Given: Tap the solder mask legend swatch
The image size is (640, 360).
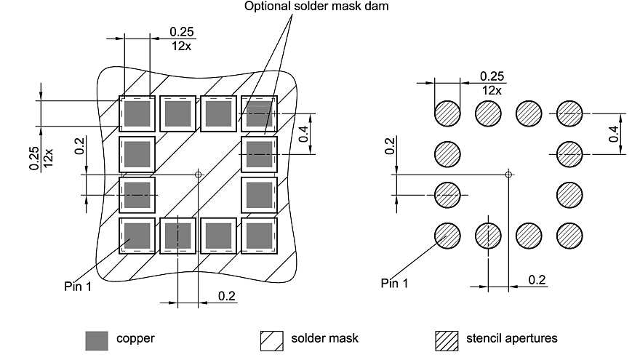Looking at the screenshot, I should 271,339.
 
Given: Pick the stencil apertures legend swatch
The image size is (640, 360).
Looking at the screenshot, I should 445,339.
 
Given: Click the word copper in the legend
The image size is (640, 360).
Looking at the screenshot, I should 135,338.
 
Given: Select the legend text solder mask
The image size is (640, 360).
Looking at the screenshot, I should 324,338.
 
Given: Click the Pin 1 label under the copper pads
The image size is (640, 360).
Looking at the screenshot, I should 78,286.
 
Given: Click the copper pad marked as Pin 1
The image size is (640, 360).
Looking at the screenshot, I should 137,235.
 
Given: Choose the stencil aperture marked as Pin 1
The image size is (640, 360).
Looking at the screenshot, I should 447,235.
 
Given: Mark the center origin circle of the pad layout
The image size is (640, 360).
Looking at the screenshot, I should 199,174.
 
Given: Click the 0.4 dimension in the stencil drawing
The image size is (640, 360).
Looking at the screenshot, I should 614,133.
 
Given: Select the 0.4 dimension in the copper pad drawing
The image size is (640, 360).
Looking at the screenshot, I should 303,133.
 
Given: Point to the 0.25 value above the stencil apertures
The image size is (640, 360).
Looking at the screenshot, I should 492,76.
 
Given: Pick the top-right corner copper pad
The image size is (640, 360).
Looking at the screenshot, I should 259,113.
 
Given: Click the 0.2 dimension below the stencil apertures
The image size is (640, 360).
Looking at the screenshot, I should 537,279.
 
